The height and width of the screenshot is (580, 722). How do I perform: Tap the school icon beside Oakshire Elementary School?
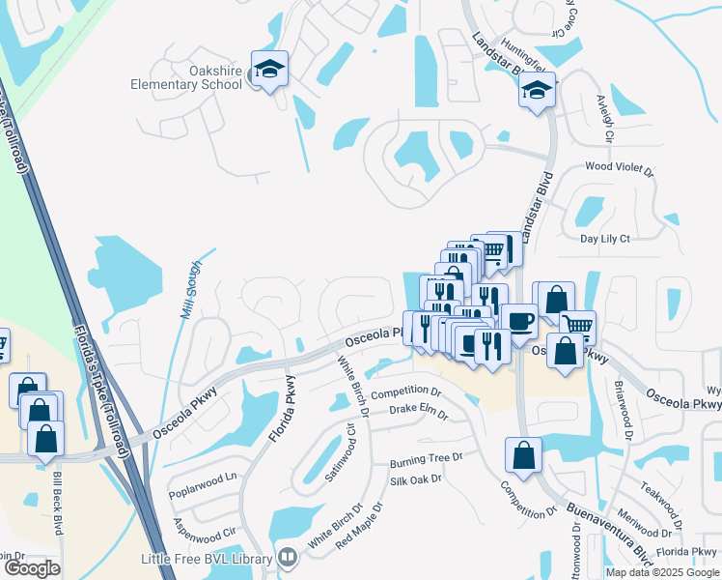tap(269, 70)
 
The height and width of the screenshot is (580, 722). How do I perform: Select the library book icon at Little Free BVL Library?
tap(287, 558)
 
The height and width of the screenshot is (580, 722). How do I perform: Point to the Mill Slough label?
tap(191, 290)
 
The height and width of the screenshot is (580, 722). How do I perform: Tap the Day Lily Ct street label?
tap(604, 239)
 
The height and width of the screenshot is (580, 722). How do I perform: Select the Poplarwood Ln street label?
tap(205, 478)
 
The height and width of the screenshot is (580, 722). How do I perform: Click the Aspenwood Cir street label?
tap(205, 526)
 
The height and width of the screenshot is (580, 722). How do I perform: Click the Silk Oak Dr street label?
tap(415, 478)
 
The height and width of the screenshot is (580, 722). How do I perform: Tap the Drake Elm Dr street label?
tap(419, 413)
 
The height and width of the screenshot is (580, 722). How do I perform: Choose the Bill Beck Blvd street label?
tap(59, 507)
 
